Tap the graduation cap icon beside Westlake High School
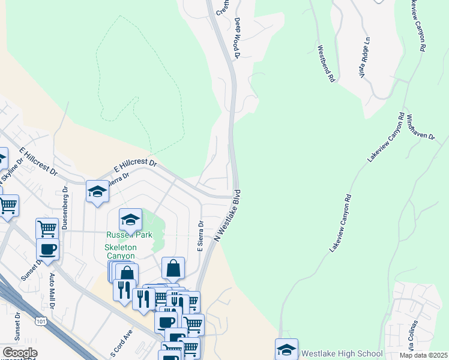click(x=286, y=350)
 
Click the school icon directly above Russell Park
click(x=130, y=220)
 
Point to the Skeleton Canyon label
click(x=121, y=251)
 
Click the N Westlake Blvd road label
click(x=228, y=216)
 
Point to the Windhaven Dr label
click(x=420, y=127)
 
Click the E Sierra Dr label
click(x=201, y=237)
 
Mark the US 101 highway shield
click(x=41, y=322)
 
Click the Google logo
click(x=19, y=353)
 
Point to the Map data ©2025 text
click(x=423, y=356)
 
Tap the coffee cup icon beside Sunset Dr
click(x=47, y=249)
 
